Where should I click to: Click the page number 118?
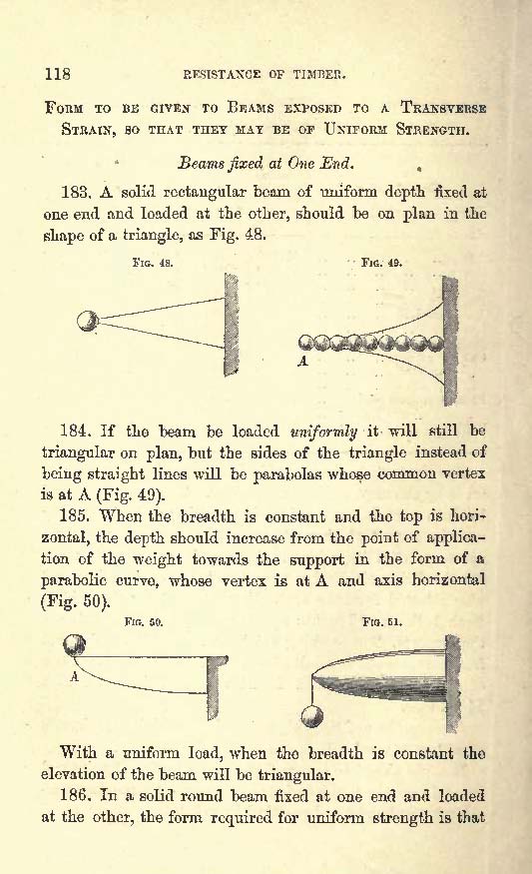tap(57, 74)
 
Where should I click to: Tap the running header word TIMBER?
tap(319, 75)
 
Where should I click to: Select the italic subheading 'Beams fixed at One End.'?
tap(266, 164)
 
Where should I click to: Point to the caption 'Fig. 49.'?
tap(381, 263)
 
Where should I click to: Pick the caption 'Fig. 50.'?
tap(144, 621)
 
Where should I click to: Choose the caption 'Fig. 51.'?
tap(382, 621)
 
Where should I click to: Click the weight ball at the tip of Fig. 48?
tap(88, 321)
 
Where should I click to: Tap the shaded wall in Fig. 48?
tap(232, 325)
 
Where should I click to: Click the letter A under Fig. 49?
tap(302, 362)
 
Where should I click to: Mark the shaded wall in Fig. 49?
tap(450, 342)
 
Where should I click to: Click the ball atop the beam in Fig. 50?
tap(75, 645)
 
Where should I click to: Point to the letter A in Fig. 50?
tap(74, 676)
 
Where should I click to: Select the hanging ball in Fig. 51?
tap(312, 716)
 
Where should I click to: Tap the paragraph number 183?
tap(75, 193)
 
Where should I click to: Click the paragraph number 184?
tap(75, 431)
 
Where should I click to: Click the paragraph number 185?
tap(75, 516)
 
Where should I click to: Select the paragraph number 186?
tap(75, 795)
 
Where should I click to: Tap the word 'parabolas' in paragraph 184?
tap(285, 474)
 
